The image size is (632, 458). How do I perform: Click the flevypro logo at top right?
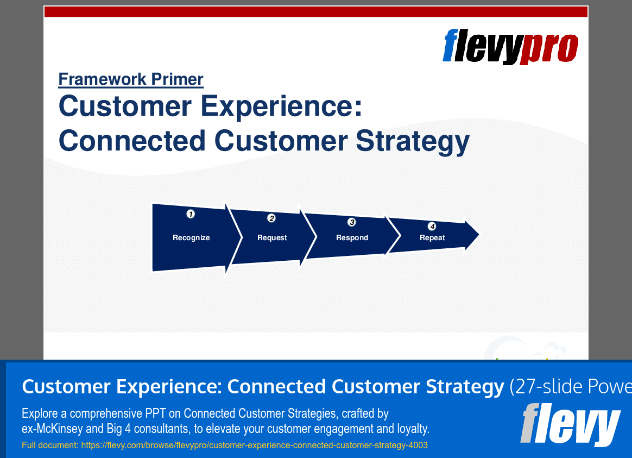510,46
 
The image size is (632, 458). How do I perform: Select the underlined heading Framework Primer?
131,79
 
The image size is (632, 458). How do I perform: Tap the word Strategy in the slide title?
412,141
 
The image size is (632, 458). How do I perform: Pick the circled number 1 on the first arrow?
191,214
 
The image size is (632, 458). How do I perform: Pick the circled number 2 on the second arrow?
271,218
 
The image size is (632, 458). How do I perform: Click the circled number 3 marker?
352,222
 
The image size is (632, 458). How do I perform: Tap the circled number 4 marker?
432,226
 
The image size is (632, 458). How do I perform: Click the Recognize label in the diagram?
191,237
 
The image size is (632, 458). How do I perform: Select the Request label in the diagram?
272,237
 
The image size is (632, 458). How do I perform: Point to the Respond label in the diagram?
352,237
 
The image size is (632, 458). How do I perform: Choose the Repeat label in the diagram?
432,237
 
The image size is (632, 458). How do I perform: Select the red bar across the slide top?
316,12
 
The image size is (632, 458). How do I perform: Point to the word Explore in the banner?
37,413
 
